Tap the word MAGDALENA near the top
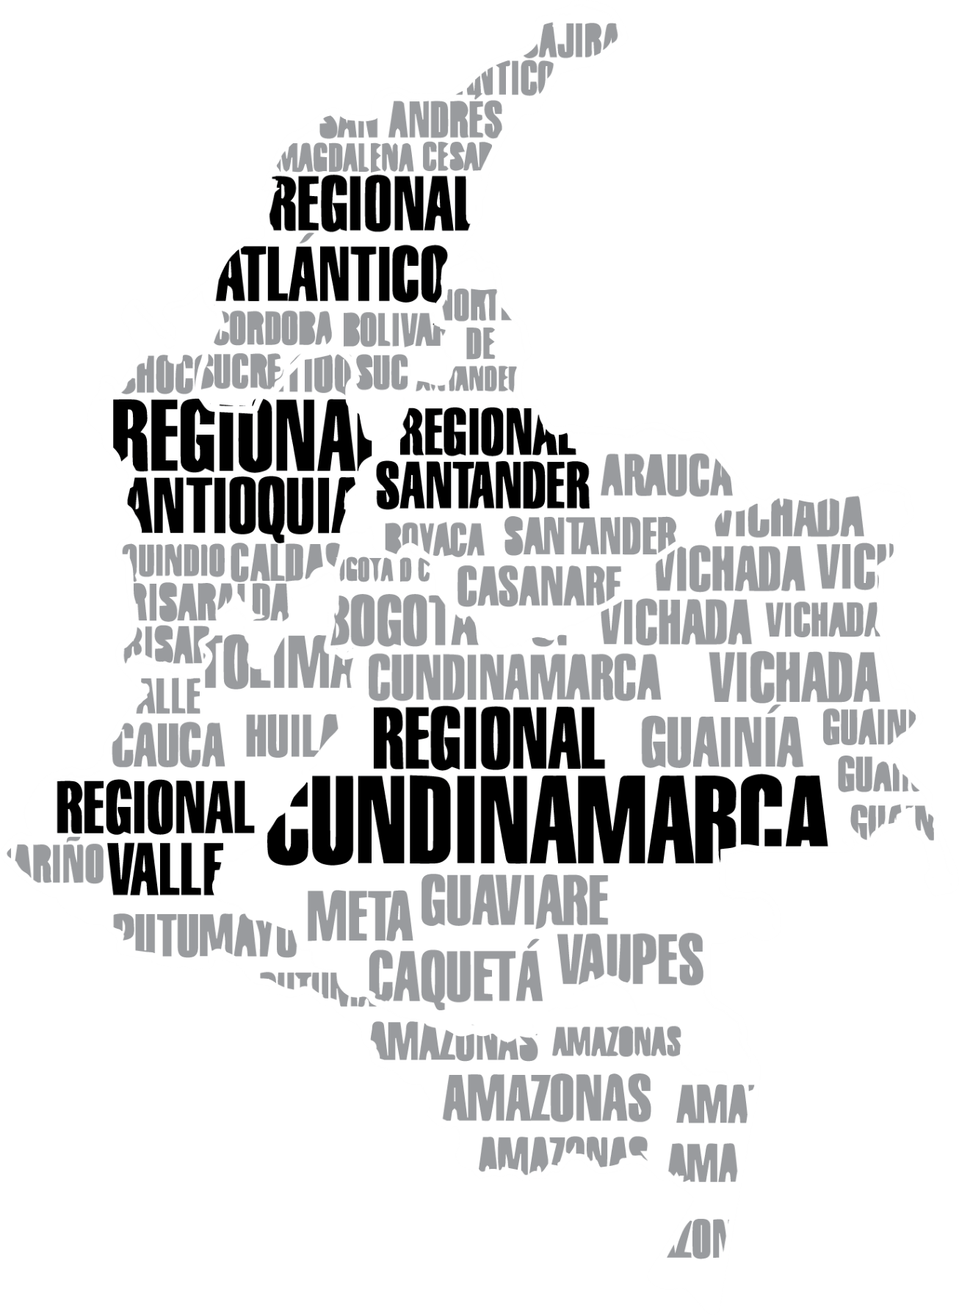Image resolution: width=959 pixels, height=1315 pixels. point(342,157)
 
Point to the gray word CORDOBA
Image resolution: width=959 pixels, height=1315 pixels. point(273,330)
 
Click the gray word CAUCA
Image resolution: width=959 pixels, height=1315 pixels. point(170,743)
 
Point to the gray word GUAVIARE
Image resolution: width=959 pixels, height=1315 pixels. point(515,900)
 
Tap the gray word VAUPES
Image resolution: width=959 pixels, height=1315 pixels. point(629,960)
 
